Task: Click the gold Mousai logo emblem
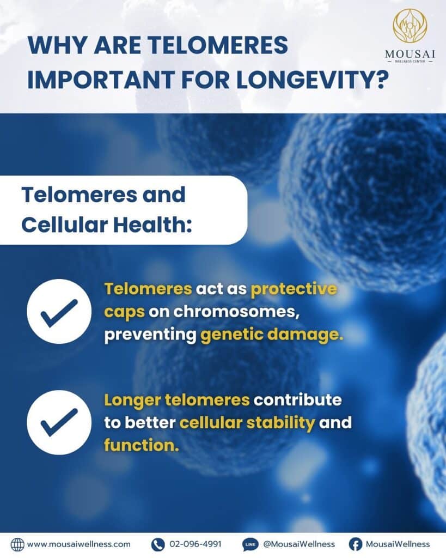410,25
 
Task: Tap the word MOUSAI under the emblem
410,54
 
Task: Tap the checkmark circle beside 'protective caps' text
59,311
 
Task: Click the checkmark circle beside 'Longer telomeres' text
59,422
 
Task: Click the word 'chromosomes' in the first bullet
235,312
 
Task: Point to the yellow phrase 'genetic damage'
272,335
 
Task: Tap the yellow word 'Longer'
132,401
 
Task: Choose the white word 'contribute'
298,399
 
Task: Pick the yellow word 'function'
142,445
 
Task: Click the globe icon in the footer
17,544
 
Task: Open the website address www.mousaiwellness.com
79,544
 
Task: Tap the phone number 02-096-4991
195,544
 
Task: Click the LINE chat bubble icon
251,544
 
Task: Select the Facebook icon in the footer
355,544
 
